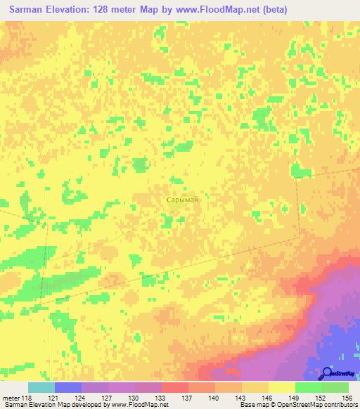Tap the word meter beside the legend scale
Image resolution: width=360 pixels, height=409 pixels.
pos(11,398)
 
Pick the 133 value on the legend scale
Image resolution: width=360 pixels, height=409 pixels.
pos(161,398)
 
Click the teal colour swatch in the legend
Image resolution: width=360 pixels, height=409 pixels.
pos(41,387)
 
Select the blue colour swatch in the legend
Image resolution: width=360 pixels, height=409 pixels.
pos(68,387)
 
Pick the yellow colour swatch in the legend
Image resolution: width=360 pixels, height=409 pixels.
pos(282,387)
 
